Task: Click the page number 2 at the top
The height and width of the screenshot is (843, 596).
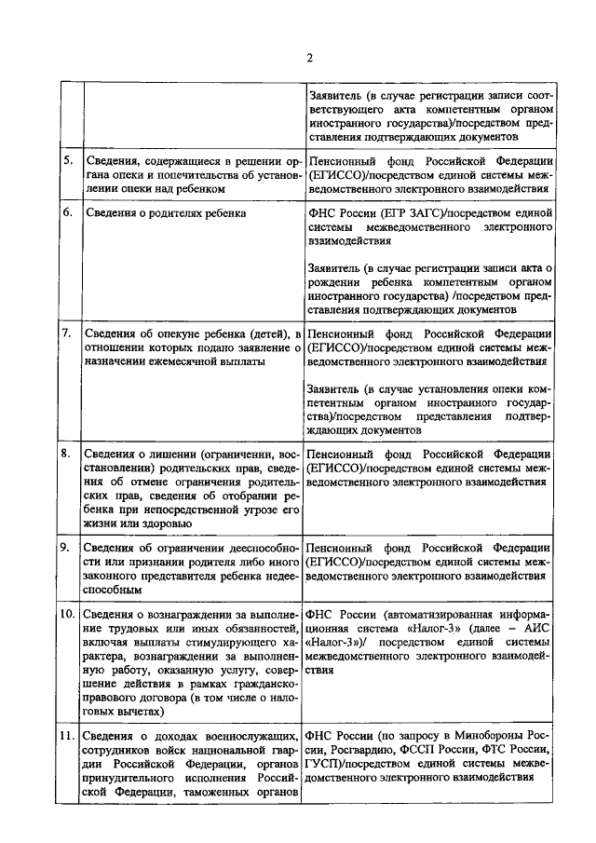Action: click(x=309, y=58)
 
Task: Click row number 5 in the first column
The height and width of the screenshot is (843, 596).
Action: click(x=67, y=159)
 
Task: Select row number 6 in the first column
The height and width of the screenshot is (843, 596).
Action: click(x=67, y=212)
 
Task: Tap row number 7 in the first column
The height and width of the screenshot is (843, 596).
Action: click(x=67, y=333)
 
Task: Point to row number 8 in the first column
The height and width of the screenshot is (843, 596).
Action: click(x=67, y=453)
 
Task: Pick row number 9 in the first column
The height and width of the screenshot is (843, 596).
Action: click(x=67, y=547)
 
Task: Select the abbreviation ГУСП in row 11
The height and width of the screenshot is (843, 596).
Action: click(x=323, y=766)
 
